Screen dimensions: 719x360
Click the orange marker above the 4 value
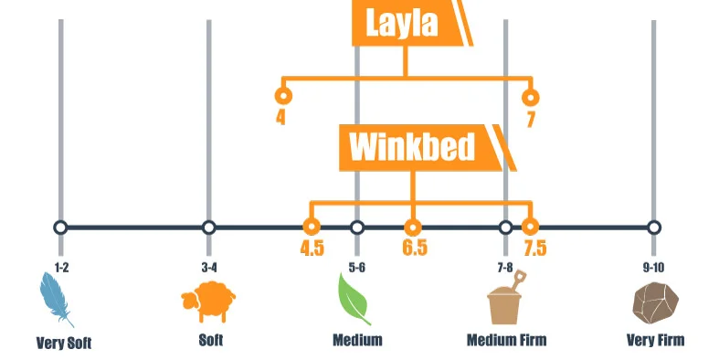pyautogui.click(x=283, y=95)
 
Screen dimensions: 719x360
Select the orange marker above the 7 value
pyautogui.click(x=529, y=95)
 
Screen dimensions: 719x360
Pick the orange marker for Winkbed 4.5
pyautogui.click(x=312, y=227)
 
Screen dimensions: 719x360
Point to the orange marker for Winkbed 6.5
pyautogui.click(x=413, y=227)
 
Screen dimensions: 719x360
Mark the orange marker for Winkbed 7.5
pyautogui.click(x=529, y=227)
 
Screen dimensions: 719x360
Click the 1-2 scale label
pyautogui.click(x=60, y=267)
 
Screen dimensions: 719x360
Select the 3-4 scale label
pyautogui.click(x=209, y=267)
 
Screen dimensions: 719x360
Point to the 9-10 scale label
pyautogui.click(x=654, y=267)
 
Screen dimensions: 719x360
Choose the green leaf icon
pyautogui.click(x=354, y=300)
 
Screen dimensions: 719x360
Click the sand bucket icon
pyautogui.click(x=505, y=302)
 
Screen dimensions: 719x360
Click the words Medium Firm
pyautogui.click(x=506, y=341)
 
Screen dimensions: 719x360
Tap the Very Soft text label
pyautogui.click(x=64, y=344)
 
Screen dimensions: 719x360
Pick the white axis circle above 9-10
pyautogui.click(x=654, y=227)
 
